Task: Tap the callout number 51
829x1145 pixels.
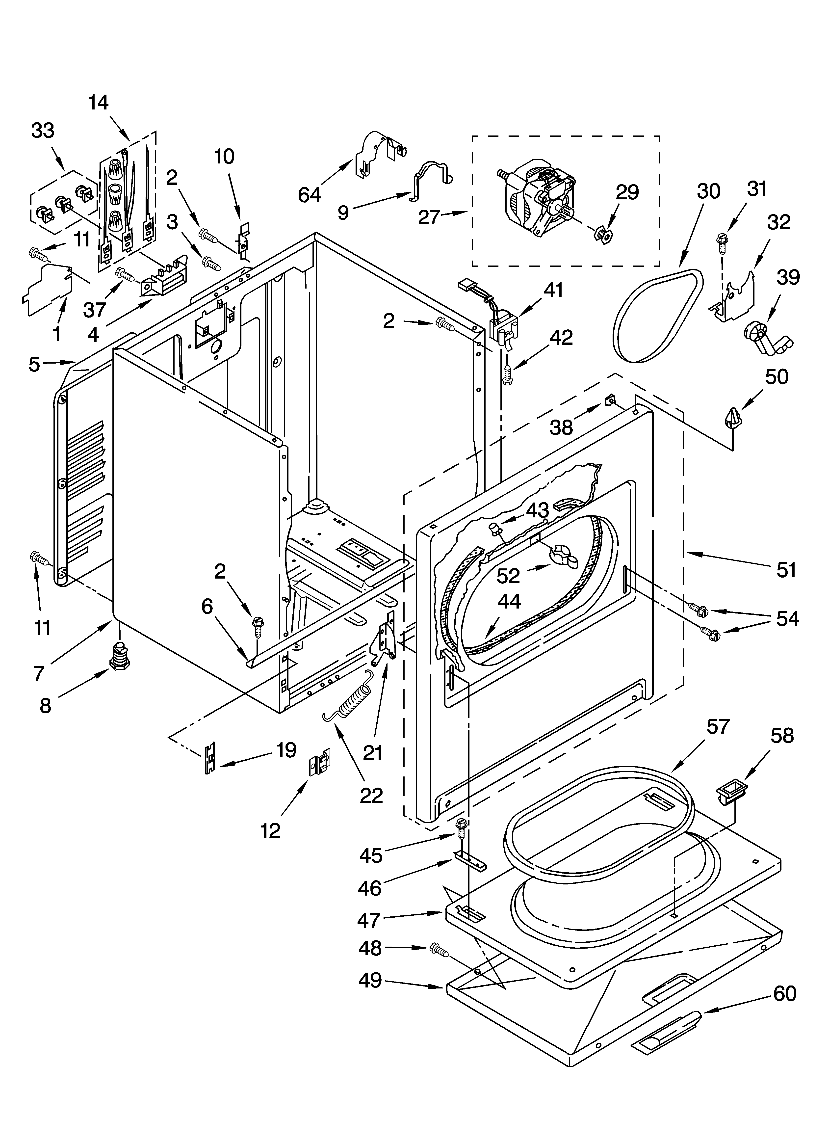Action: tap(786, 570)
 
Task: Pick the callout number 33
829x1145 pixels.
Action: tap(43, 131)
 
